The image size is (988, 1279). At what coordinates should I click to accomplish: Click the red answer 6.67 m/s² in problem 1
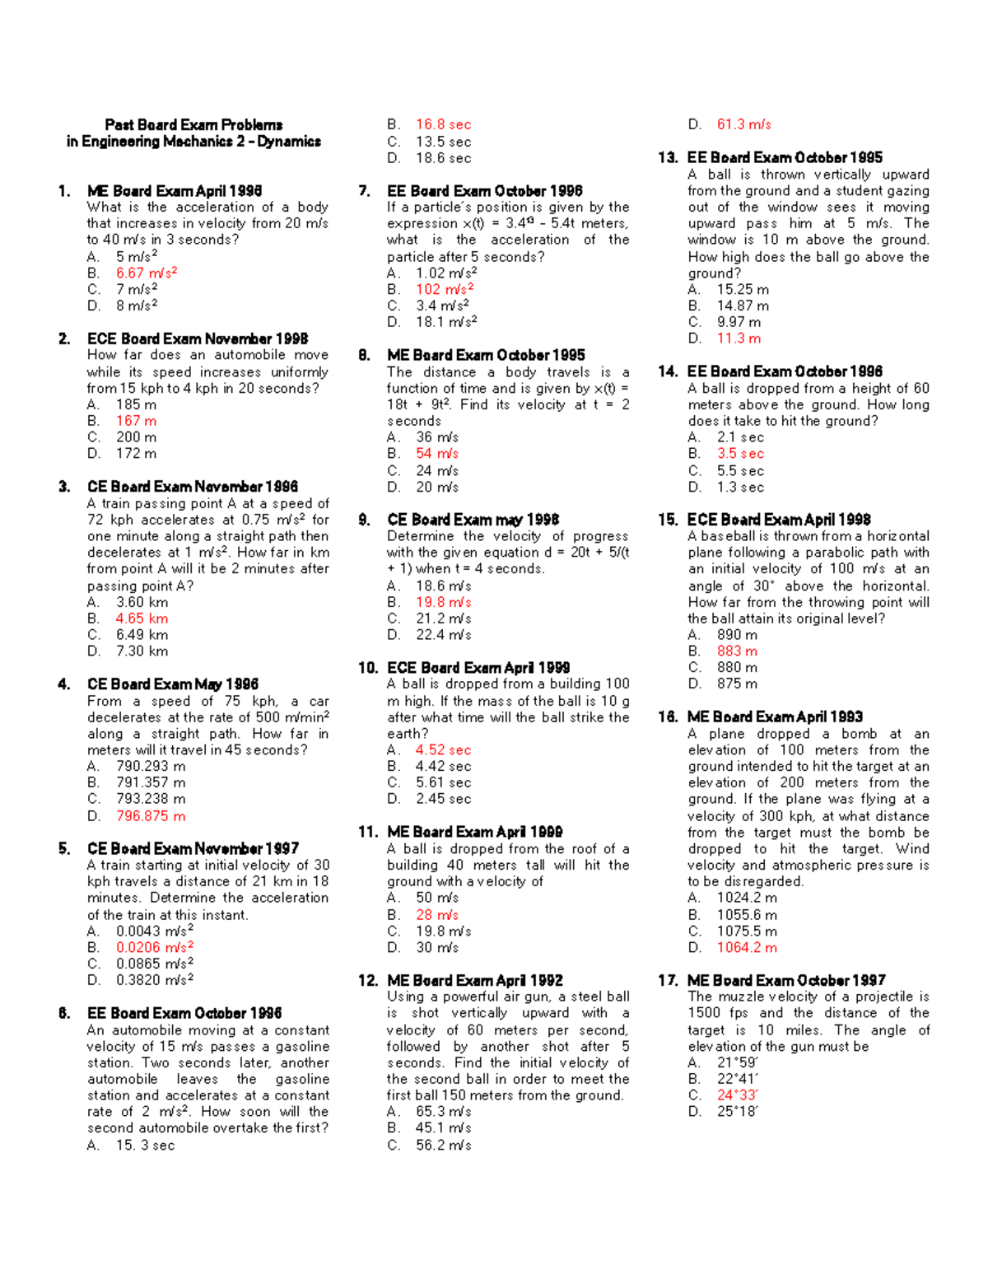pos(146,273)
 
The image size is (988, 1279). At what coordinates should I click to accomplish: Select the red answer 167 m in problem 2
pos(136,421)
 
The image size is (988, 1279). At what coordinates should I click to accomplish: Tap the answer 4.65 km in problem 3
pos(142,618)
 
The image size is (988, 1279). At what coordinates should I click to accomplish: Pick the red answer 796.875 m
pos(151,816)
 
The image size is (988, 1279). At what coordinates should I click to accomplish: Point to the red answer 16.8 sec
pos(443,124)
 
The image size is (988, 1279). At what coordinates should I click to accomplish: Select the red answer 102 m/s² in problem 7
pos(445,289)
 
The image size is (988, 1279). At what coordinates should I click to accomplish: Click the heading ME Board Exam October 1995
pos(486,355)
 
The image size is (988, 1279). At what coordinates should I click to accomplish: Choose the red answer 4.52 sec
pos(443,750)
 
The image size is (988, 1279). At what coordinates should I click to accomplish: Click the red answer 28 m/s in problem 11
pos(436,915)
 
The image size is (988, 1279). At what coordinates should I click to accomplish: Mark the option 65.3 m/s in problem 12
pos(443,1112)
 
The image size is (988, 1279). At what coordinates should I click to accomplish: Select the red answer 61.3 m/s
pos(743,124)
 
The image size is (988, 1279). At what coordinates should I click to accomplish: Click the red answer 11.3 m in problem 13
pos(739,338)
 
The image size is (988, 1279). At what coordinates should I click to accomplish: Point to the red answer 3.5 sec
pos(740,454)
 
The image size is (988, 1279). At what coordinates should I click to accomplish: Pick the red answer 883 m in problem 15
pos(737,651)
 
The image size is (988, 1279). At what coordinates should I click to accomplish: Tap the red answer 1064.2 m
pos(747,947)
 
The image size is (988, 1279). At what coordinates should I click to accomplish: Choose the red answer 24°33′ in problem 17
pos(738,1095)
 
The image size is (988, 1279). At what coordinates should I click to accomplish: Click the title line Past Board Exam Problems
pos(193,125)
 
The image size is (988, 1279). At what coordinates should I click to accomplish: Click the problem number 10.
pos(368,668)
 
